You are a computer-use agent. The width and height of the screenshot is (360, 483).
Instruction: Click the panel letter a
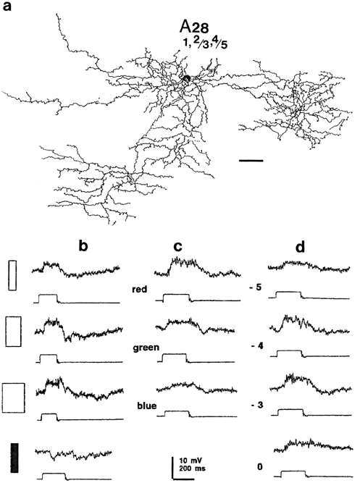click(7, 7)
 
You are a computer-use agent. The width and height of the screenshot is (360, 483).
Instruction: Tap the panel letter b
click(83, 246)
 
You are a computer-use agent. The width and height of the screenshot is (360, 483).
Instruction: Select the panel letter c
click(178, 247)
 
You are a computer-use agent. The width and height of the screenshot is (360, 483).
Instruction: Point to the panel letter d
click(300, 246)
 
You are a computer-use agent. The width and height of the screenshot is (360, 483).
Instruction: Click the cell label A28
click(194, 27)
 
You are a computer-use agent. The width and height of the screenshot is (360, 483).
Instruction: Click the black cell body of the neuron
click(186, 79)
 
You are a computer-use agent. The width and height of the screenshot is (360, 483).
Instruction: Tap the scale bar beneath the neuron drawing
click(251, 160)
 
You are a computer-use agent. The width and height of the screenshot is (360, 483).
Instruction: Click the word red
click(139, 289)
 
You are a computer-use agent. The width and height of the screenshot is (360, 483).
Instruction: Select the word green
click(146, 348)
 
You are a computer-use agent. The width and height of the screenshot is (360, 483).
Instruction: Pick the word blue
click(147, 406)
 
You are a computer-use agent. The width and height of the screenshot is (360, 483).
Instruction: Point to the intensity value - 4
click(256, 346)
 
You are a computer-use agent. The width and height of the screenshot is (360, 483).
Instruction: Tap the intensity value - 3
click(256, 405)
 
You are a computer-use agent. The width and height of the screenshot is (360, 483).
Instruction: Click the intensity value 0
click(260, 467)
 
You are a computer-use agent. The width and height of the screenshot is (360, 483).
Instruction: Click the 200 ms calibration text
click(193, 469)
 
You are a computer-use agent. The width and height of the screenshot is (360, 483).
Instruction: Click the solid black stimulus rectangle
click(14, 458)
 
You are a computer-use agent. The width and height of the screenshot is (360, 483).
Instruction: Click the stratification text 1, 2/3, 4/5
click(205, 44)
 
